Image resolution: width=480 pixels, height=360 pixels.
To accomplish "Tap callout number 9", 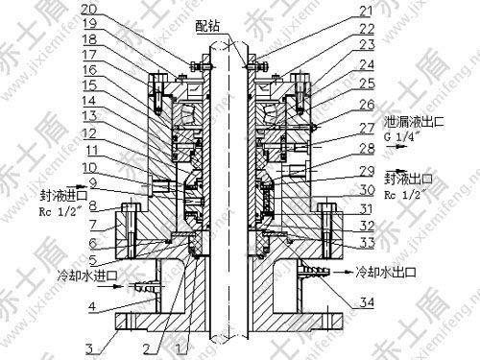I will pos(93,181).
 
